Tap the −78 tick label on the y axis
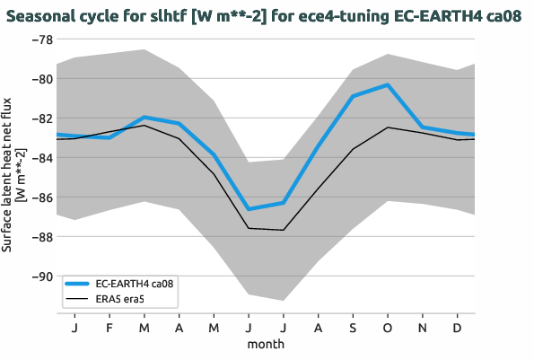[x=39, y=40]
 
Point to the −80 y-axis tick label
[x=39, y=79]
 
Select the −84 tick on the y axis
[x=39, y=158]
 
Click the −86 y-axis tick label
[x=39, y=198]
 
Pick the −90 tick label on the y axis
[x=39, y=277]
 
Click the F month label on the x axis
[x=109, y=328]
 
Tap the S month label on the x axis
[x=353, y=328]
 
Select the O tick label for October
[x=387, y=328]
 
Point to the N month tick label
[x=422, y=328]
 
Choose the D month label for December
[x=457, y=328]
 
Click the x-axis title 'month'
[x=266, y=344]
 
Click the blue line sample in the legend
[x=78, y=282]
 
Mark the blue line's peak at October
[x=387, y=84]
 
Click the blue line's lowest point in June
[x=249, y=209]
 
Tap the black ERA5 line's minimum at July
[x=283, y=230]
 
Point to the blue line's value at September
[x=353, y=96]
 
